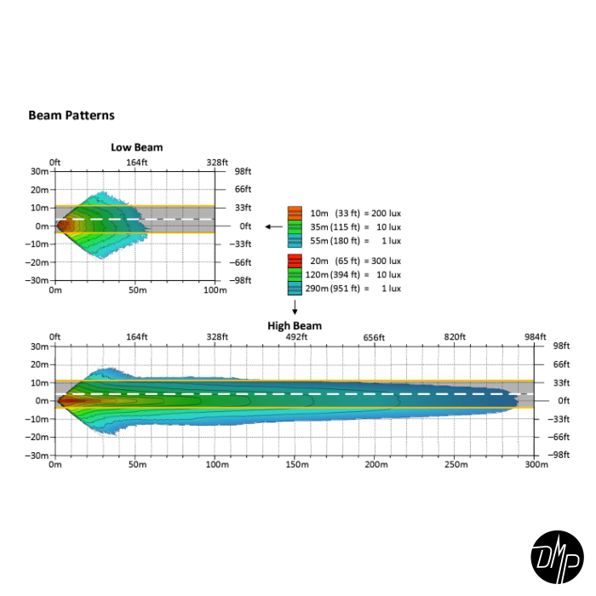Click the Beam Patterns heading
click(x=72, y=115)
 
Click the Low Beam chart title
click(x=136, y=147)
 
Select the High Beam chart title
click(x=295, y=325)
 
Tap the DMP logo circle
click(x=557, y=557)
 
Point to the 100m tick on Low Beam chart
click(x=215, y=290)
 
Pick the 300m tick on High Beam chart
click(x=536, y=465)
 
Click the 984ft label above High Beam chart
click(x=536, y=337)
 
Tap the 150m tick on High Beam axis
click(x=295, y=465)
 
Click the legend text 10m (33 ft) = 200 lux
click(x=355, y=212)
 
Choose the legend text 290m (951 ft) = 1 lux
click(x=355, y=289)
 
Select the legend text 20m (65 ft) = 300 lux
click(x=355, y=261)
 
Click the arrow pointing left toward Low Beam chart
click(x=273, y=226)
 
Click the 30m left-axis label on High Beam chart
click(x=40, y=347)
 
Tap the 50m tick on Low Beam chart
click(x=135, y=290)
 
